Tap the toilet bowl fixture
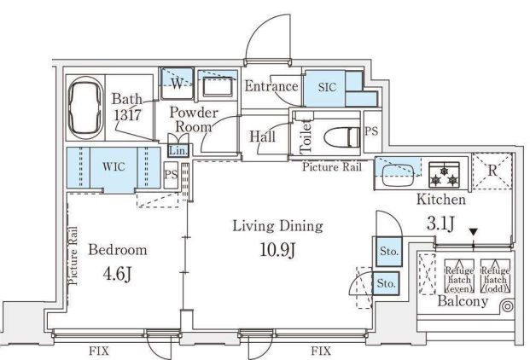click(x=341, y=136)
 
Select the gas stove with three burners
click(x=444, y=175)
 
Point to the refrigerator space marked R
click(x=492, y=171)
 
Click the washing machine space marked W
click(x=177, y=84)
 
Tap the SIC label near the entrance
click(x=327, y=88)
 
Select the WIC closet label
click(x=114, y=166)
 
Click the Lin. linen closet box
click(x=178, y=150)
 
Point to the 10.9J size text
click(x=278, y=250)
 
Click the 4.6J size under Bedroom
click(x=117, y=274)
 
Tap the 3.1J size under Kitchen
click(x=440, y=224)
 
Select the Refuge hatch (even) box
click(x=459, y=276)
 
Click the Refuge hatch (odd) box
click(x=495, y=276)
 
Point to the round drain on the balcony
click(x=507, y=306)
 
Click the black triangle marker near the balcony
click(x=473, y=232)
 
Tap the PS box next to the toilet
click(x=371, y=131)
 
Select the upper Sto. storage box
click(x=388, y=252)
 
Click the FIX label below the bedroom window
click(x=99, y=351)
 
